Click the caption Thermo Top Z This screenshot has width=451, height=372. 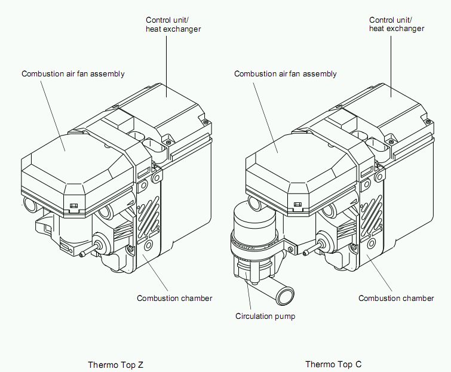click(x=116, y=364)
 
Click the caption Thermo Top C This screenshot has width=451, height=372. click(x=333, y=364)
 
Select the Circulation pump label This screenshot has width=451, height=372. click(x=265, y=316)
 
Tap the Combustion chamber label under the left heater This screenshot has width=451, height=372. click(x=174, y=298)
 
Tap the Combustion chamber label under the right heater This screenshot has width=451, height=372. click(x=396, y=298)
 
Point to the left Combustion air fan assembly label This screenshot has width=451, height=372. click(x=73, y=74)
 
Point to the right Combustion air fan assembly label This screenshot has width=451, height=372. click(x=286, y=74)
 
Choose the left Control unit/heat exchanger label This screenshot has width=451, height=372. click(x=173, y=24)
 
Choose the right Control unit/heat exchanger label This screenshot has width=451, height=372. click(x=397, y=24)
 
